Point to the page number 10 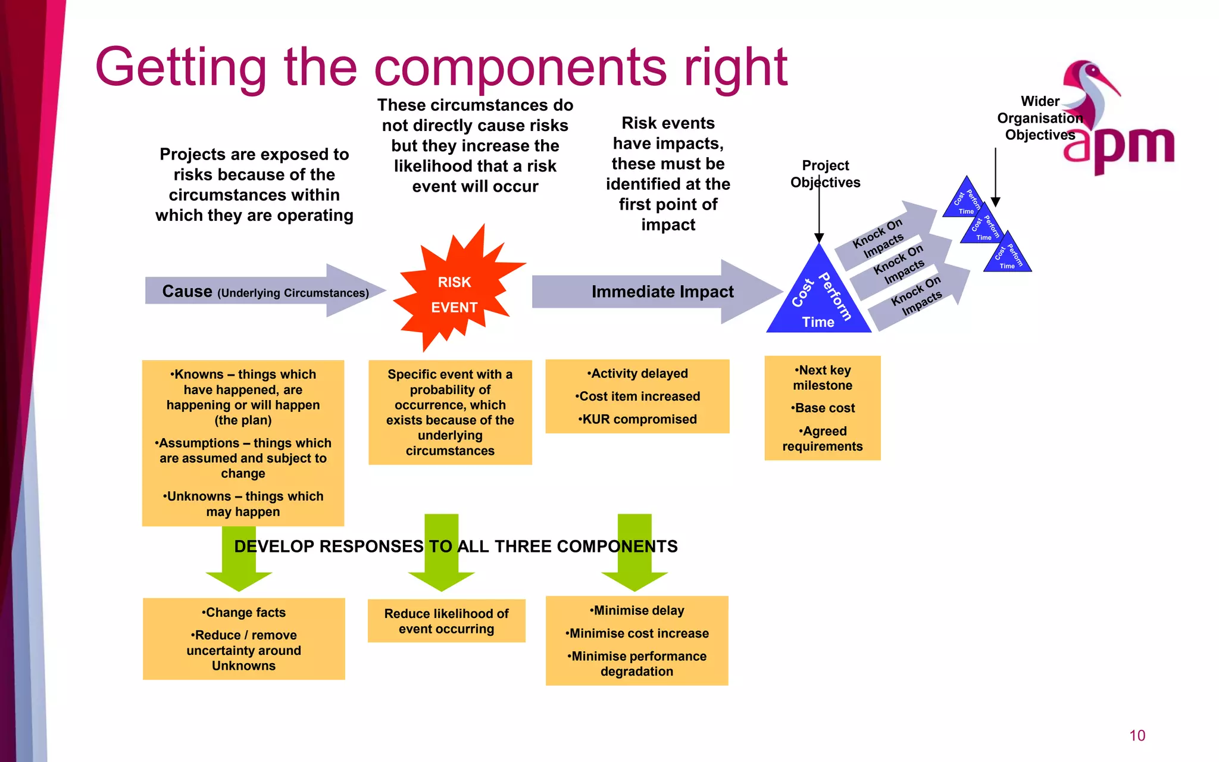pyautogui.click(x=1137, y=735)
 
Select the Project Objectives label pyautogui.click(x=825, y=173)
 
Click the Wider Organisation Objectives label pyautogui.click(x=1040, y=118)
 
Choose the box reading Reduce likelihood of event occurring pyautogui.click(x=446, y=621)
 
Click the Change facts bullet pyautogui.click(x=244, y=612)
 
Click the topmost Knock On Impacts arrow pyautogui.click(x=881, y=236)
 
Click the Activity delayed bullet pyautogui.click(x=638, y=373)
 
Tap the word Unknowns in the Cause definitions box pyautogui.click(x=199, y=496)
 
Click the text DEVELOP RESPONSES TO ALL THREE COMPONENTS pyautogui.click(x=455, y=546)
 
